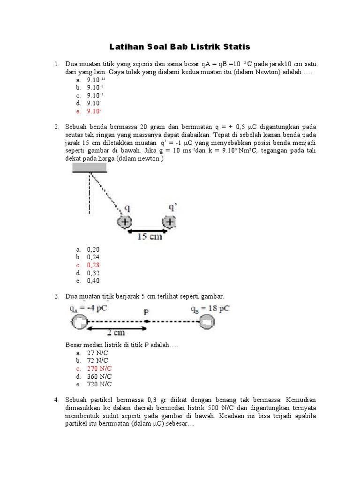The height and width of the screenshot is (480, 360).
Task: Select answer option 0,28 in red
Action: pos(93,265)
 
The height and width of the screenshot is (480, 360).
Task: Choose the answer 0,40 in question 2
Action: pos(93,281)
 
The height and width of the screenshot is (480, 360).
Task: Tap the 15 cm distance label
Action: pos(149,237)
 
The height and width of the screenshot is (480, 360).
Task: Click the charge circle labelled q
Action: pos(124,222)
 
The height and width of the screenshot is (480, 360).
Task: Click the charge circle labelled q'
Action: pos(169,222)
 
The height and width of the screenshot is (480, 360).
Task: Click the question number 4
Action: pos(56,400)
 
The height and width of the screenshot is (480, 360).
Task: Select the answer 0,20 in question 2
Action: pos(93,249)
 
